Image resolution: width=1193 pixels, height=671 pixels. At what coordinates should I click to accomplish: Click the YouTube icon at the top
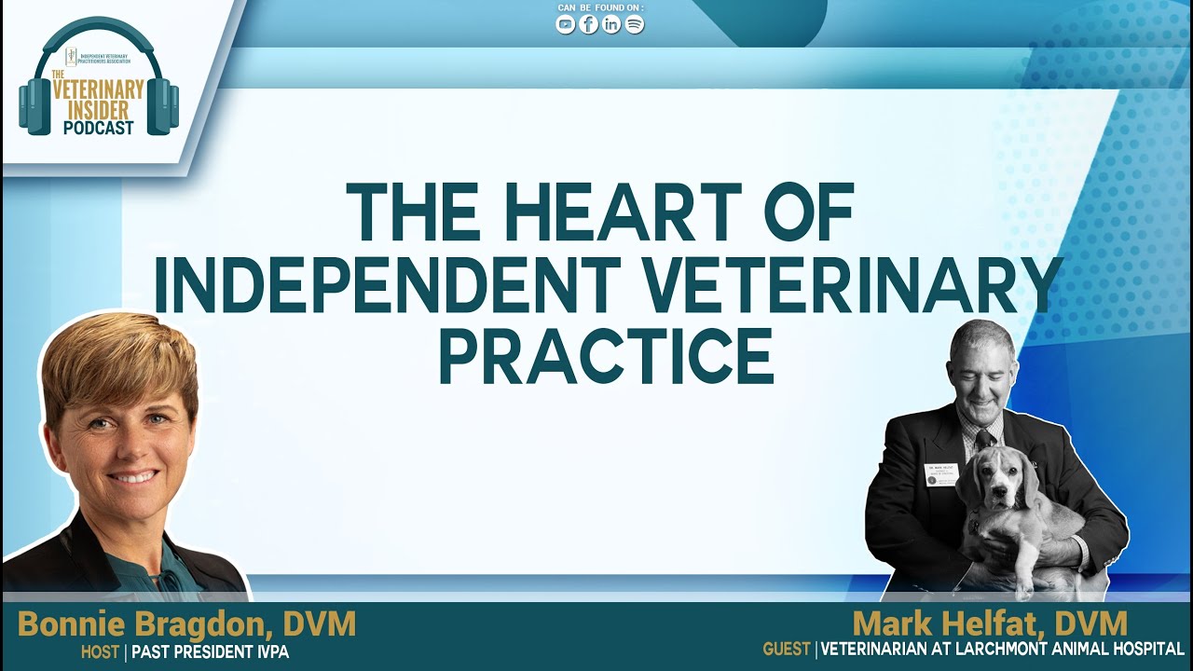click(x=566, y=25)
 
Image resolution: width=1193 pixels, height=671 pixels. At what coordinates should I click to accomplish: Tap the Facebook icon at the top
click(x=589, y=25)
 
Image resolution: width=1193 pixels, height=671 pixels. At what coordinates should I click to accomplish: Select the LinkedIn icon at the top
click(x=611, y=25)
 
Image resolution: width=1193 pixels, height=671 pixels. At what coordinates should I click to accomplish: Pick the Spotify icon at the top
click(x=635, y=25)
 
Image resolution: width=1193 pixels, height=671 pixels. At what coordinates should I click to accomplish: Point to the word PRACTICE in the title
click(x=606, y=355)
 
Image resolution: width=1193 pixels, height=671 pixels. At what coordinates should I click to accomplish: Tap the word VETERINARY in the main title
click(x=849, y=284)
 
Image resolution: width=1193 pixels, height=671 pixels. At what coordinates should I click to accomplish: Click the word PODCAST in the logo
click(x=99, y=128)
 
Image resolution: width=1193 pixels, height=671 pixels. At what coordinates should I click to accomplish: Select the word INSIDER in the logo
click(x=99, y=110)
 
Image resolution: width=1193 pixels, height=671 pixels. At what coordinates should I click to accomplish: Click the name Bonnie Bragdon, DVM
click(x=186, y=624)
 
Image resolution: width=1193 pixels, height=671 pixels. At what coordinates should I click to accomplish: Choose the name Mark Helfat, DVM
click(x=990, y=623)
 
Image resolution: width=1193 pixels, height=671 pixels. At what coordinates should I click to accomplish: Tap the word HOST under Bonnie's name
click(x=100, y=652)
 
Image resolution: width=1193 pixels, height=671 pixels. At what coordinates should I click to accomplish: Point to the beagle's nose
click(x=1002, y=501)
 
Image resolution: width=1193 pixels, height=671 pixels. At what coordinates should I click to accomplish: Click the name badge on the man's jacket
click(x=941, y=472)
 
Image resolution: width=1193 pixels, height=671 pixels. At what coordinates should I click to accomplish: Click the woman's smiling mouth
click(x=134, y=476)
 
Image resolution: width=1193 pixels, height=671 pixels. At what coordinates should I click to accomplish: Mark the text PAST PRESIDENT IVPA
click(x=211, y=652)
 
